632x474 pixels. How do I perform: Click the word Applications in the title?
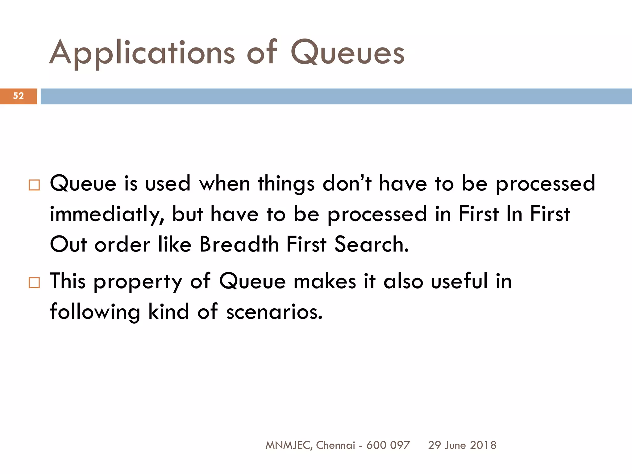142,53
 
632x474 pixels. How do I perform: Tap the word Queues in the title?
347,53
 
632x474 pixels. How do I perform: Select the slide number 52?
19,96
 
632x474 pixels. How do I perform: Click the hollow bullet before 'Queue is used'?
34,185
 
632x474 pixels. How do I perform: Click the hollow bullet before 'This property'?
34,283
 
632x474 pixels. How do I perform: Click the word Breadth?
239,244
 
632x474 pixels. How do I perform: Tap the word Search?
372,244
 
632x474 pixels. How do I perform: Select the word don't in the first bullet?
347,184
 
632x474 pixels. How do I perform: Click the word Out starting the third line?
68,244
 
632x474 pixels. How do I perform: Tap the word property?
138,282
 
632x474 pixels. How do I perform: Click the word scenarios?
274,312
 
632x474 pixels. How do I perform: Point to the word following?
95,312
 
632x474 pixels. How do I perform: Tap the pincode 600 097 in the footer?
388,445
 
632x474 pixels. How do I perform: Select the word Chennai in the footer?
335,445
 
